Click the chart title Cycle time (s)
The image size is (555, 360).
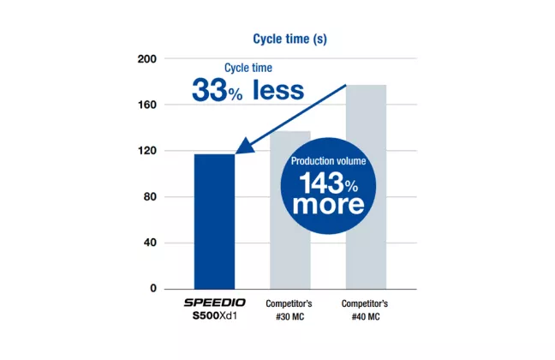tap(289, 39)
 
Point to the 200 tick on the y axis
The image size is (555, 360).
tap(146, 59)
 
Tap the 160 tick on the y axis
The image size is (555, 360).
tap(146, 105)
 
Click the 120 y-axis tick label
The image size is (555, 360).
tap(146, 151)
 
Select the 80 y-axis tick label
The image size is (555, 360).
tap(150, 197)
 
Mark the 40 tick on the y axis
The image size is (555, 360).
tap(150, 243)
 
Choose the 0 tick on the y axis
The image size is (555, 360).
tap(153, 289)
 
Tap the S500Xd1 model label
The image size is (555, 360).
tap(214, 317)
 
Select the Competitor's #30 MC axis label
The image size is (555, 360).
tap(290, 310)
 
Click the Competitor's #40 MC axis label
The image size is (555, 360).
tap(367, 310)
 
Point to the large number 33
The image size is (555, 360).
tap(209, 90)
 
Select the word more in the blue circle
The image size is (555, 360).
tap(328, 205)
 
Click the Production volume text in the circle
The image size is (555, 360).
tap(328, 161)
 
